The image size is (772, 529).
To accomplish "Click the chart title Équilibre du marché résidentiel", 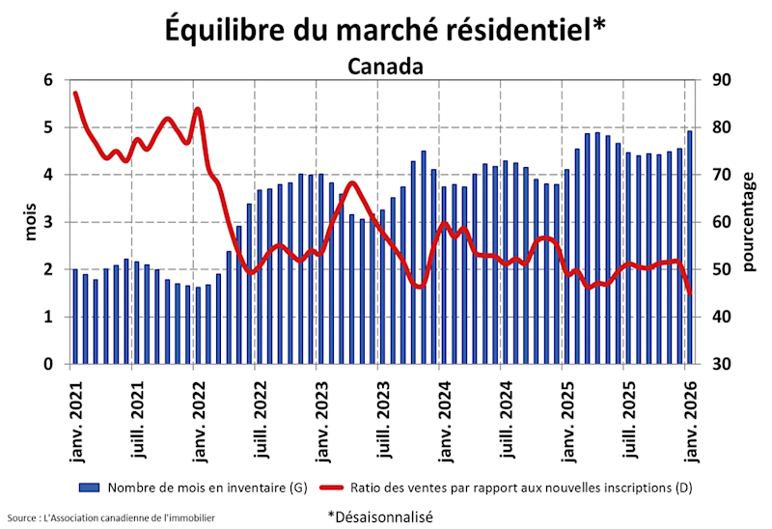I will tap(386, 29).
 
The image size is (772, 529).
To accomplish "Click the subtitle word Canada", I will tap(386, 67).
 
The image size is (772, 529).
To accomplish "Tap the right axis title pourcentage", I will tap(749, 222).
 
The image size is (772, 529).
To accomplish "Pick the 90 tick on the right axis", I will tap(721, 80).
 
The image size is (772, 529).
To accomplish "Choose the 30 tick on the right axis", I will tap(721, 365).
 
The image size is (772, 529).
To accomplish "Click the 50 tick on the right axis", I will tap(721, 270).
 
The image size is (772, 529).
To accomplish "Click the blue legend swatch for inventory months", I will tap(90, 488).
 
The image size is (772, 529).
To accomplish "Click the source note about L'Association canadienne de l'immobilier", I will tap(111, 518).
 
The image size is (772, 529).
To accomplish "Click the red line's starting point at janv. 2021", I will tap(75, 93).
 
